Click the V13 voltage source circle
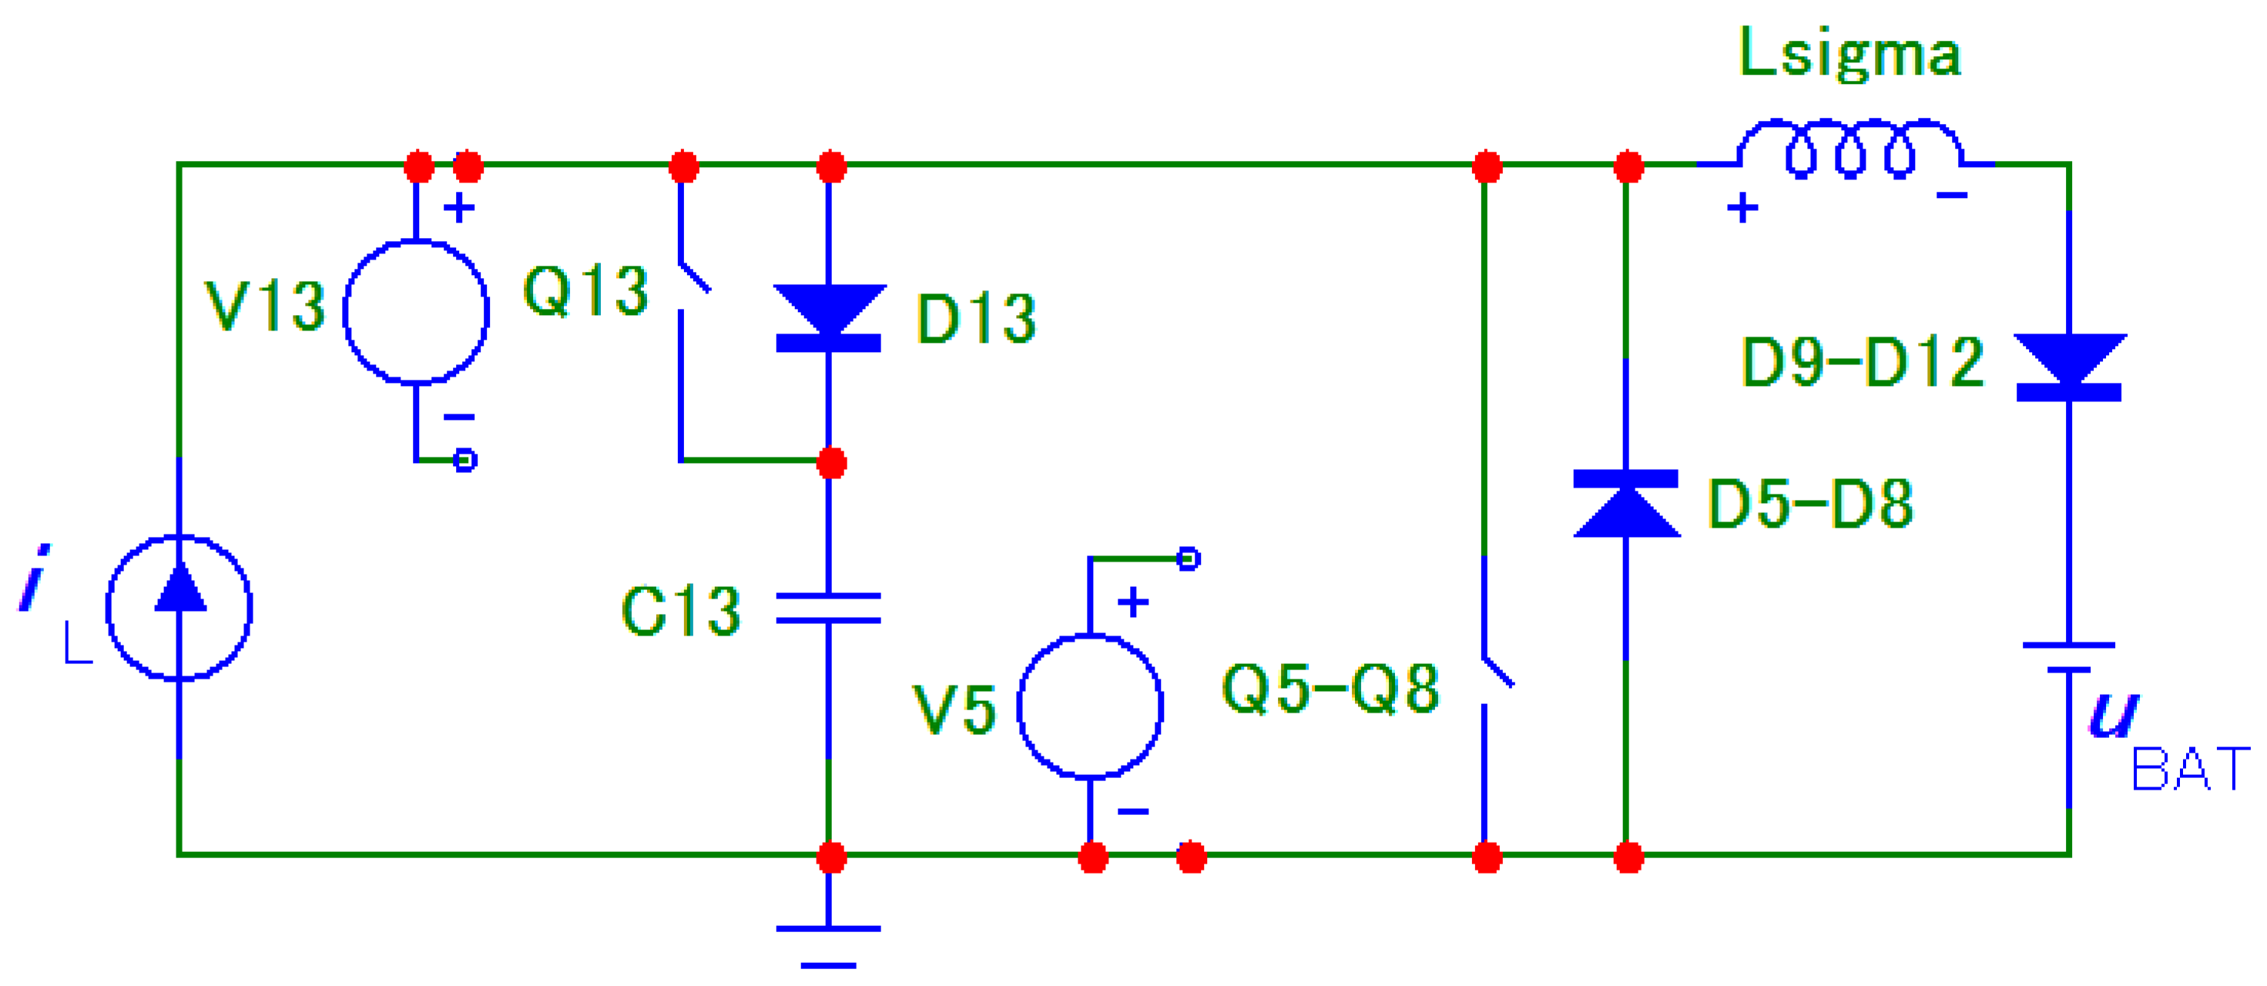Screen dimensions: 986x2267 (x=415, y=312)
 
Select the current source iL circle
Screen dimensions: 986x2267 (x=179, y=608)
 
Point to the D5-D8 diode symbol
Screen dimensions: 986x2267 (x=1625, y=504)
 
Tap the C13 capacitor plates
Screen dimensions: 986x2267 (x=828, y=608)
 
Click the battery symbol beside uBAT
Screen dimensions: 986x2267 (x=2068, y=657)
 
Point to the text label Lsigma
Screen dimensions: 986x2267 (x=1849, y=55)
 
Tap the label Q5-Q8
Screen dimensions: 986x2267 (x=1330, y=689)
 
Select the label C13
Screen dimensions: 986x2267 (x=681, y=611)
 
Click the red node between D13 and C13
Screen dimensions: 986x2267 (x=830, y=463)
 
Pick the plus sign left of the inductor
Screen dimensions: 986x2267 (x=1742, y=210)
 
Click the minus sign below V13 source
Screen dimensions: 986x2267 (x=458, y=418)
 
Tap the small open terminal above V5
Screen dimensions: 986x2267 (x=1188, y=558)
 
